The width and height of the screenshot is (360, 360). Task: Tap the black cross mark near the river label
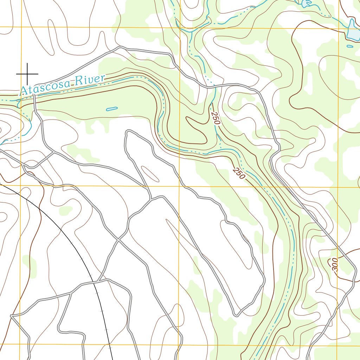[x=27, y=74]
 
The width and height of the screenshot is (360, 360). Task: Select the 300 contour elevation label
[x=334, y=265]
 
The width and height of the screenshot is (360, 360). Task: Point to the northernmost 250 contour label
[x=216, y=118]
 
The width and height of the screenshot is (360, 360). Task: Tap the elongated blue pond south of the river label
[x=112, y=109]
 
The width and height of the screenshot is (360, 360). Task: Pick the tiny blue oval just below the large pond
[x=350, y=46]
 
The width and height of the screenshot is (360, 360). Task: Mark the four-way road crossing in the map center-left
[x=120, y=240]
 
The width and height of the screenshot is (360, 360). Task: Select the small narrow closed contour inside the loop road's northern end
[x=149, y=174]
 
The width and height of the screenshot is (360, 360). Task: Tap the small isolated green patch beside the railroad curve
[x=65, y=211]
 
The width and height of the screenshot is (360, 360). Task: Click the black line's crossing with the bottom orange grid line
[x=109, y=344]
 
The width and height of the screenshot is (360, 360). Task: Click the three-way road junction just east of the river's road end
[x=53, y=152]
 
